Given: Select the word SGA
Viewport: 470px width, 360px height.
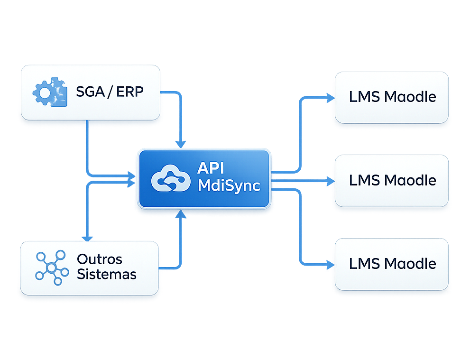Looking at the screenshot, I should (x=89, y=91).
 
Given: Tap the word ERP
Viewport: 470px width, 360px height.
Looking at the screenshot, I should (x=129, y=91).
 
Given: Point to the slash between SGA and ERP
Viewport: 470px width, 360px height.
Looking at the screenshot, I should (x=110, y=91).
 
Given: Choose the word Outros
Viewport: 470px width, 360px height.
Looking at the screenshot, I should (x=100, y=259).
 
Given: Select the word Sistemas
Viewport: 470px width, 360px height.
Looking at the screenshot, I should (x=107, y=274).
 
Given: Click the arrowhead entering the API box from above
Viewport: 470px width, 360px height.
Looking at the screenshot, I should (x=180, y=143).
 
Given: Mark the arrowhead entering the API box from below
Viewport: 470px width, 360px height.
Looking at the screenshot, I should (x=180, y=214).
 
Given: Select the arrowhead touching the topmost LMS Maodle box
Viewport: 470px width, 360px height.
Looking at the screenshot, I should (x=331, y=98).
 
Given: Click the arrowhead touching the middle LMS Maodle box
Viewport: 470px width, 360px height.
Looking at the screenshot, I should (x=331, y=181).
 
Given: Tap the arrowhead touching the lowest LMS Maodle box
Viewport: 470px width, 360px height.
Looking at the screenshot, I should (x=331, y=264).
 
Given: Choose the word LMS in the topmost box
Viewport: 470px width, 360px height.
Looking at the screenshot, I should (x=364, y=97).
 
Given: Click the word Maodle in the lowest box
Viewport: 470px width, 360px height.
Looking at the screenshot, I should (x=410, y=264).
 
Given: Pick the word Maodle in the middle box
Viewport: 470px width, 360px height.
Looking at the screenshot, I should (x=410, y=180).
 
